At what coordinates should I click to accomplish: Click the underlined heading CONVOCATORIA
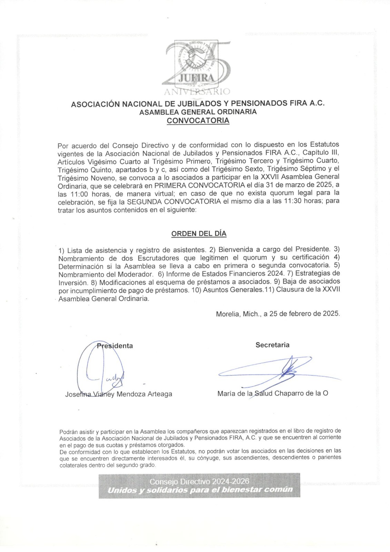tap(198, 121)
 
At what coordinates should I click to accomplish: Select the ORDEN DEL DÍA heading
tap(199, 234)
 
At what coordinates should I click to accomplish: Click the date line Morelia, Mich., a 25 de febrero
tap(278, 314)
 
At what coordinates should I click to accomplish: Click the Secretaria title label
tap(272, 345)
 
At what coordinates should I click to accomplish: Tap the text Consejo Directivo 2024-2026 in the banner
tap(199, 481)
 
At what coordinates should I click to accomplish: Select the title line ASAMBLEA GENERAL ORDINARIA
tap(198, 112)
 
